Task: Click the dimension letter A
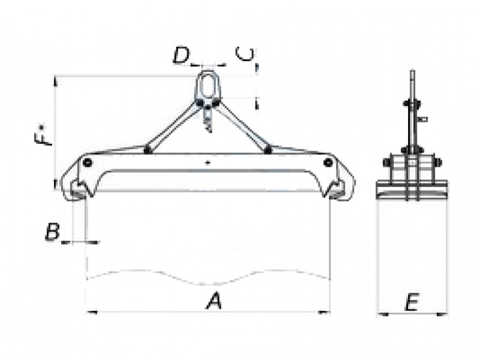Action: pos(214,301)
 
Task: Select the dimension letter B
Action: pos(52,232)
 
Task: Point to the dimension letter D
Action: pos(181,56)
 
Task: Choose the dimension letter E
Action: pos(412,302)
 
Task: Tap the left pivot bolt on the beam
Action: pos(87,163)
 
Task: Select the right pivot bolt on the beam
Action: pos(328,163)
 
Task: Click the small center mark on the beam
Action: pos(208,163)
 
